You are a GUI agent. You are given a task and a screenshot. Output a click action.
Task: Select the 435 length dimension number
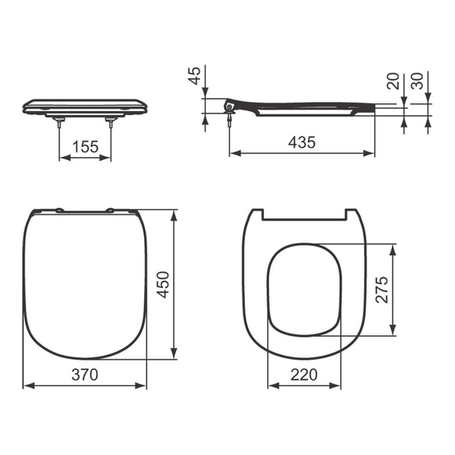coord(302,142)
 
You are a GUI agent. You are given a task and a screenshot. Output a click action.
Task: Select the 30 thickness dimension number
coord(418,81)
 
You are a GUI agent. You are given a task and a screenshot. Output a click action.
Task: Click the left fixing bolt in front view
coord(60,123)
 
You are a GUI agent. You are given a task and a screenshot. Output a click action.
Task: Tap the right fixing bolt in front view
coord(111,123)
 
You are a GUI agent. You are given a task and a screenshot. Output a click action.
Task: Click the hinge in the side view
coord(229,105)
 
